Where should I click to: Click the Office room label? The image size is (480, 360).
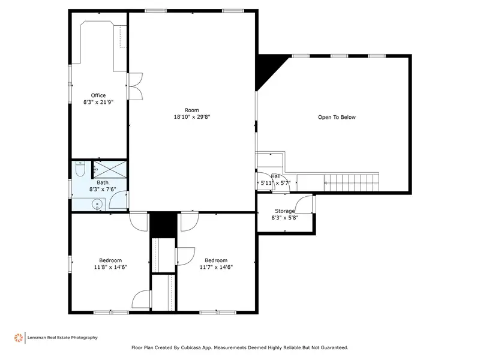pyautogui.click(x=98, y=95)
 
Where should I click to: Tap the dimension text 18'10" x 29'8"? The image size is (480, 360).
pyautogui.click(x=192, y=117)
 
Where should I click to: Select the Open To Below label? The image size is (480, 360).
pyautogui.click(x=337, y=117)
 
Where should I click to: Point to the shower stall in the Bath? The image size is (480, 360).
pyautogui.click(x=110, y=169)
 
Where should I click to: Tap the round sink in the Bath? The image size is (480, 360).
pyautogui.click(x=97, y=204)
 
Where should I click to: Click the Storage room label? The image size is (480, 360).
pyautogui.click(x=284, y=211)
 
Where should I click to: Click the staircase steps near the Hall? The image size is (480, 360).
pyautogui.click(x=352, y=183)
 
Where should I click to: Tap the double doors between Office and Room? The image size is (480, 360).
pyautogui.click(x=134, y=86)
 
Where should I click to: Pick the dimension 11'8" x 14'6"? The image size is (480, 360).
pyautogui.click(x=110, y=267)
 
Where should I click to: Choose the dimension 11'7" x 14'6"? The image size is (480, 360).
pyautogui.click(x=216, y=267)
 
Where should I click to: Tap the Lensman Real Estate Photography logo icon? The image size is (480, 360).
pyautogui.click(x=19, y=338)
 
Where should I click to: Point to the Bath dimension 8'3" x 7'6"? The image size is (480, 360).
pyautogui.click(x=103, y=190)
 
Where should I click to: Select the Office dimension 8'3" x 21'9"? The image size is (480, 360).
pyautogui.click(x=98, y=102)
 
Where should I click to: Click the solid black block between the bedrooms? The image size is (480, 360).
pyautogui.click(x=163, y=224)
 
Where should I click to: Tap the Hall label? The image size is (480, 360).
pyautogui.click(x=275, y=176)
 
